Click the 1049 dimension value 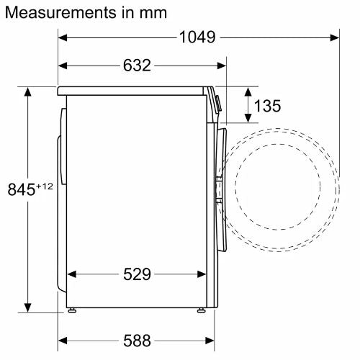(197, 37)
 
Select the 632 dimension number (137, 66)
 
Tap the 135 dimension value (267, 106)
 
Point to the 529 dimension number (137, 274)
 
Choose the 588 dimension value (137, 341)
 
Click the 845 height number (22, 189)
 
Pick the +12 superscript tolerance (45, 186)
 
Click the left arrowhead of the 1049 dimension (63, 37)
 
